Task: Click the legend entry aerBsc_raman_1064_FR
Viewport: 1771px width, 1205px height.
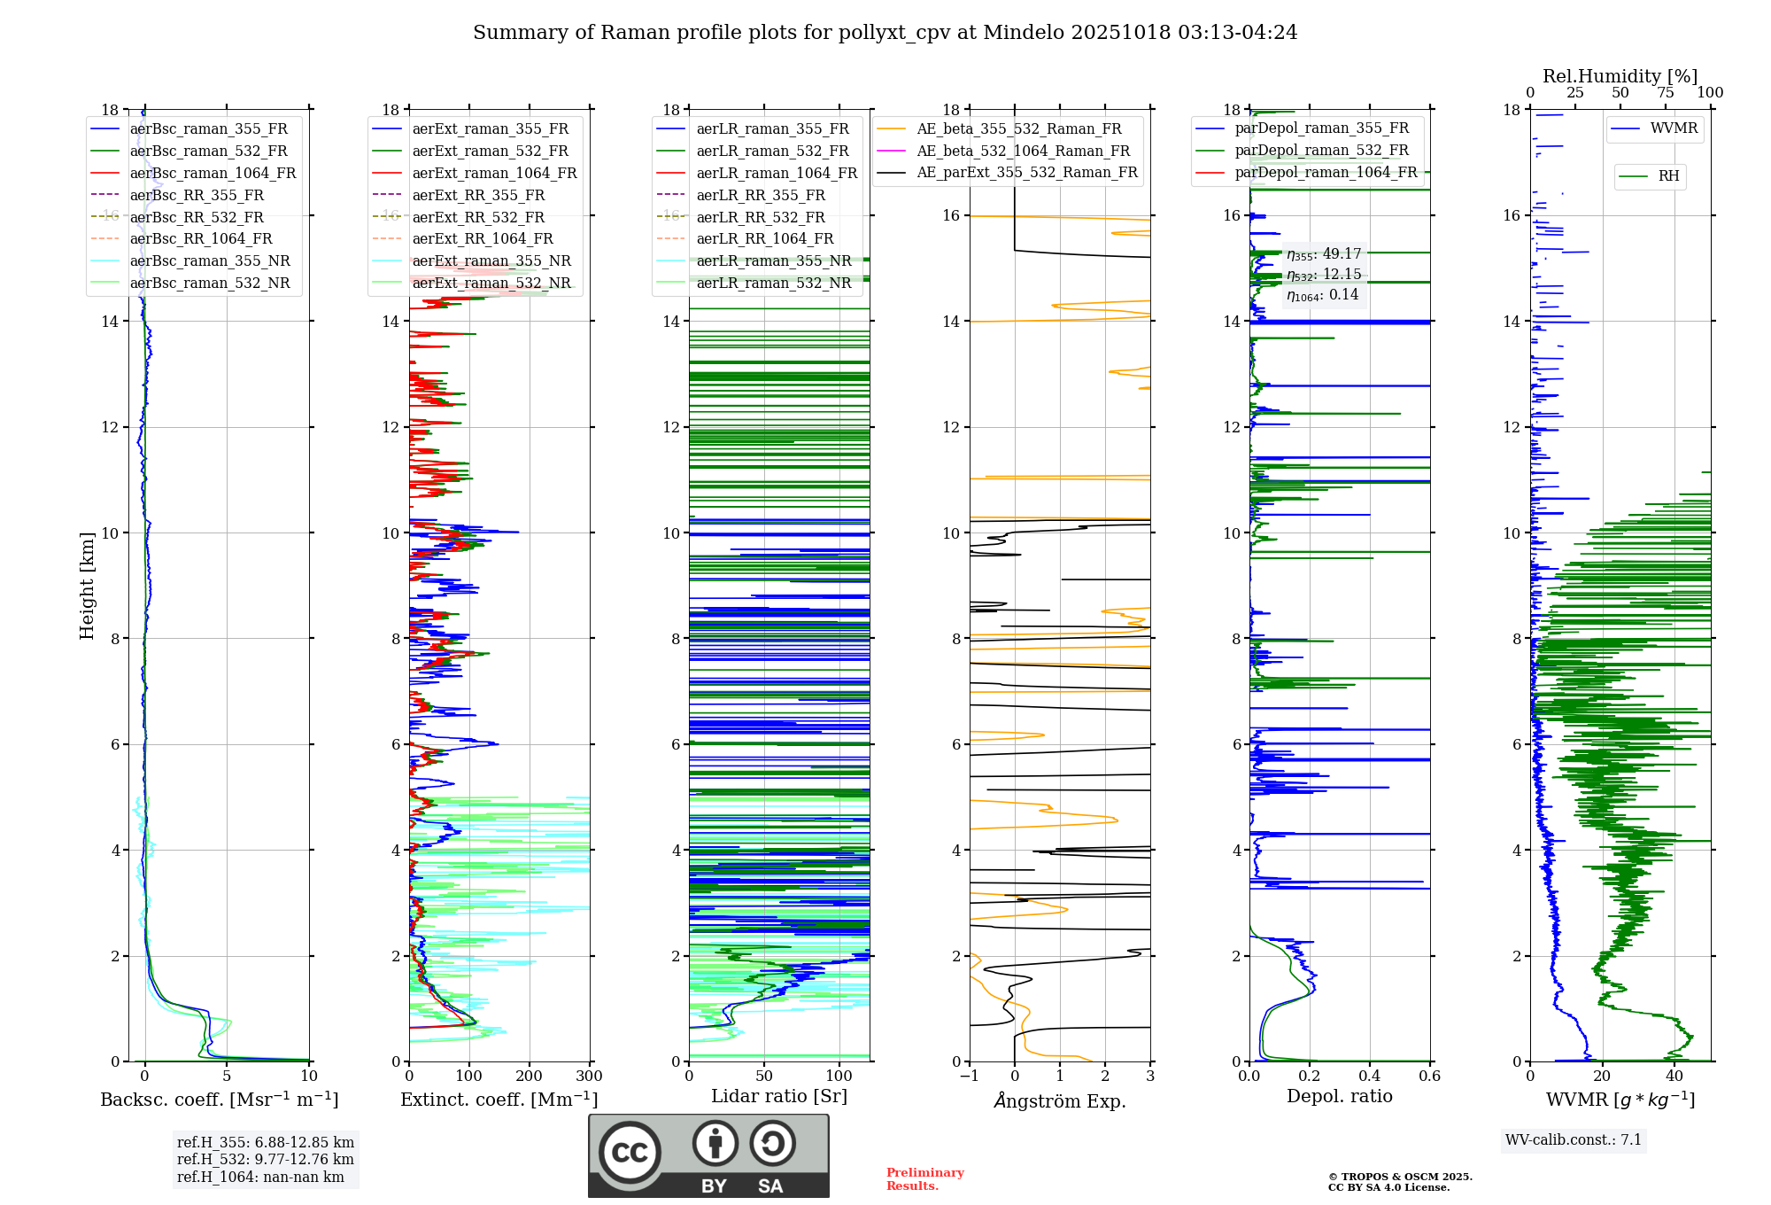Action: pos(213,174)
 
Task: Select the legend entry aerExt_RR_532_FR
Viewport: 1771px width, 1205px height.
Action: pos(478,217)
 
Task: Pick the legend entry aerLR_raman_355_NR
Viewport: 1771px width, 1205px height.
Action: pos(774,261)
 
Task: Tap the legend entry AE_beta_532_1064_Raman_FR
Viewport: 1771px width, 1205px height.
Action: pos(1023,151)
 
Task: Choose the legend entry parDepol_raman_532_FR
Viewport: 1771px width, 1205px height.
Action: pos(1321,151)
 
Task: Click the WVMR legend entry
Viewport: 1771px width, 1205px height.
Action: pos(1674,128)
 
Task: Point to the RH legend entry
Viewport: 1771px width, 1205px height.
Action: pos(1668,176)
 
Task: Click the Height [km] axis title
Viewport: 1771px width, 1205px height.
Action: pos(87,585)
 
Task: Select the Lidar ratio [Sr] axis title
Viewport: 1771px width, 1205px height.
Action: pos(779,1096)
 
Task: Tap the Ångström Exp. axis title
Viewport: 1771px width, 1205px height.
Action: pos(1060,1100)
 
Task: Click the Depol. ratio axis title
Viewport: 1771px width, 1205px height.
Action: pos(1340,1096)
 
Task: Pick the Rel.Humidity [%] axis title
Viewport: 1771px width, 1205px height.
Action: pos(1620,76)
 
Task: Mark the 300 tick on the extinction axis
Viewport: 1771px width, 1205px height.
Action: pos(589,1076)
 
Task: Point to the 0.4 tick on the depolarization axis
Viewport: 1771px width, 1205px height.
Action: pos(1370,1076)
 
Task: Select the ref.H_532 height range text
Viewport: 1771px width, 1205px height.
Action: pos(265,1160)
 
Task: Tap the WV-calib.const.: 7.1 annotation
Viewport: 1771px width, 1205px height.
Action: pos(1574,1140)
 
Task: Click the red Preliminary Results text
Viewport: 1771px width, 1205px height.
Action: pos(924,1179)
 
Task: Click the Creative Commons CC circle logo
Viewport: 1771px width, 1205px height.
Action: pos(630,1153)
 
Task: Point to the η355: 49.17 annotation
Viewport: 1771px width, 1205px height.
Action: pos(1324,254)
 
